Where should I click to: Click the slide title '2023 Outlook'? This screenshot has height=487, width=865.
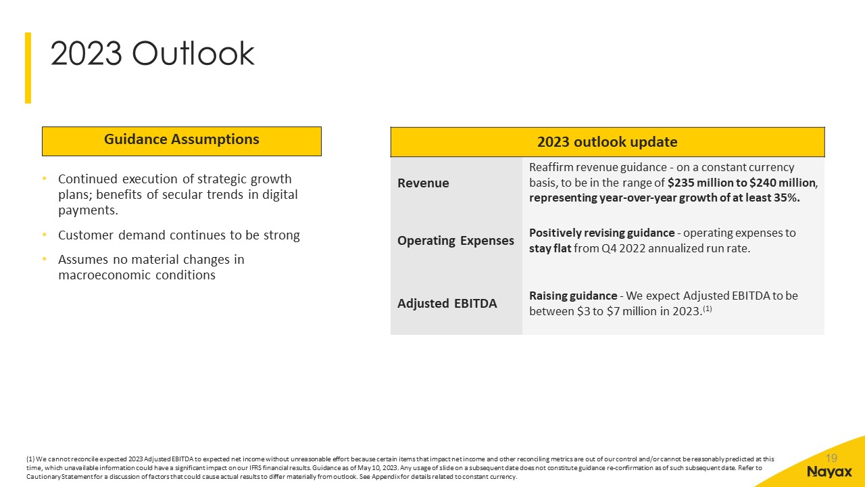pyautogui.click(x=152, y=53)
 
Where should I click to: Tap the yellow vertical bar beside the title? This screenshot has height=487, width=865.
pyautogui.click(x=28, y=68)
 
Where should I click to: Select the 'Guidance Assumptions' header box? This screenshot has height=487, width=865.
pyautogui.click(x=182, y=141)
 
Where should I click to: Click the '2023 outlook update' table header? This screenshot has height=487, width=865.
pyautogui.click(x=608, y=142)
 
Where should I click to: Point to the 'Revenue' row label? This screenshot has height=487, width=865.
pyautogui.click(x=423, y=183)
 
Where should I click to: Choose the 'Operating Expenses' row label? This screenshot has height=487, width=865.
pyautogui.click(x=455, y=240)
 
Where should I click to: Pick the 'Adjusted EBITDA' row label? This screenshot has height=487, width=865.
pyautogui.click(x=447, y=304)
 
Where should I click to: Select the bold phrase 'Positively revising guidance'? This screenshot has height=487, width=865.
pyautogui.click(x=601, y=233)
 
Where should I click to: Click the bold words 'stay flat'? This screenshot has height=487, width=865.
pyautogui.click(x=550, y=248)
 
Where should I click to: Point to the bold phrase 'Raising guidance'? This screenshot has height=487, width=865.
pyautogui.click(x=573, y=296)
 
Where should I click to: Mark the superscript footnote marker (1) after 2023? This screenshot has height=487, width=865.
pyautogui.click(x=707, y=309)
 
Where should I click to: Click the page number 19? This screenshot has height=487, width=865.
pyautogui.click(x=831, y=459)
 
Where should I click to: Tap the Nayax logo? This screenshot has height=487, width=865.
pyautogui.click(x=829, y=472)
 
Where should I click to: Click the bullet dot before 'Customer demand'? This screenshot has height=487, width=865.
pyautogui.click(x=45, y=235)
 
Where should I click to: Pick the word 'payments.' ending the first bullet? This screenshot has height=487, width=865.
pyautogui.click(x=88, y=210)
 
